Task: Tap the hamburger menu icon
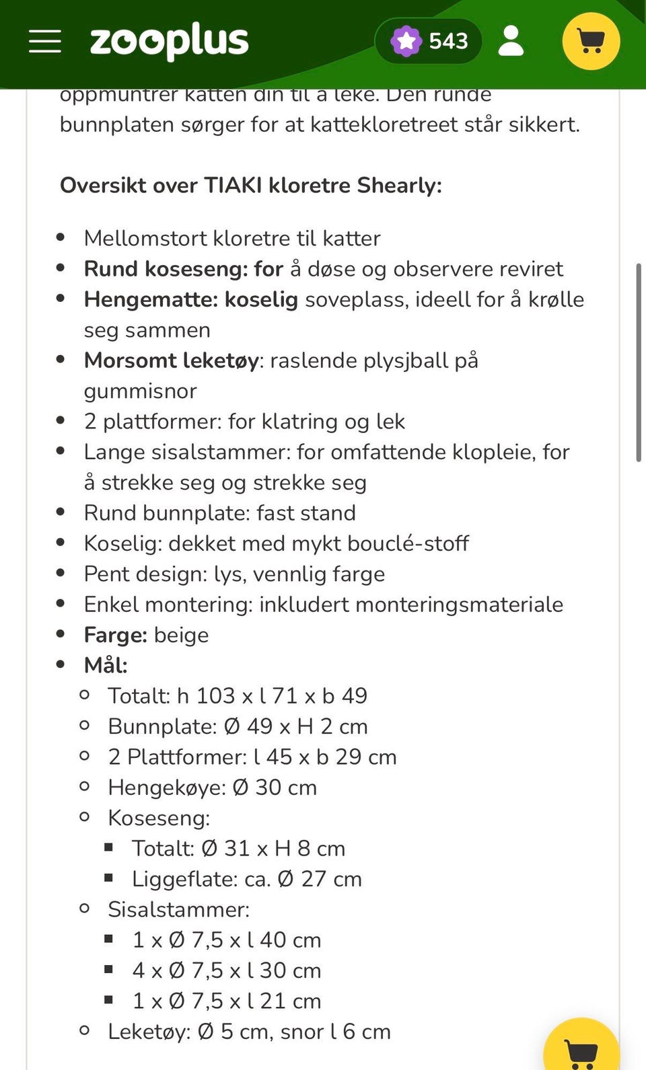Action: [x=45, y=42]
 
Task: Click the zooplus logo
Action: [x=169, y=42]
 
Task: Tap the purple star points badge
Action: [x=406, y=42]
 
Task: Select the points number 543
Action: [x=448, y=42]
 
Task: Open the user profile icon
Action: [x=511, y=42]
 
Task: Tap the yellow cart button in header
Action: [x=590, y=42]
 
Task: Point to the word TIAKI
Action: [x=233, y=185]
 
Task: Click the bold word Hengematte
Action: [x=150, y=299]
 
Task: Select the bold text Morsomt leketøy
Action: [x=172, y=360]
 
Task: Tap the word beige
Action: [x=181, y=635]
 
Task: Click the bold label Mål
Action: [x=105, y=665]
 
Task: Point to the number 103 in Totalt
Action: [x=215, y=695]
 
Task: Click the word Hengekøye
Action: [x=166, y=788]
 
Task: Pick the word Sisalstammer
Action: [x=178, y=909]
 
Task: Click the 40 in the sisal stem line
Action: [x=273, y=940]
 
